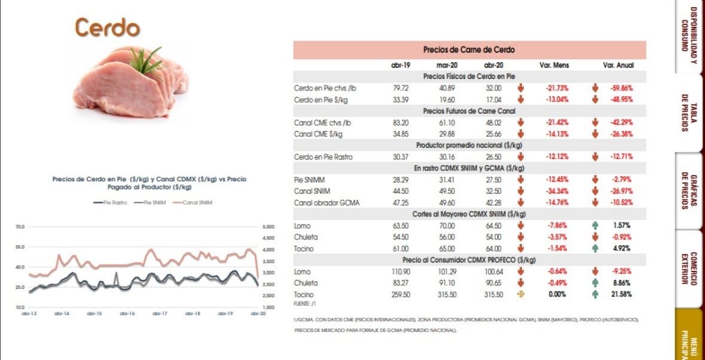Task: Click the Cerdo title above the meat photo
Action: tap(107, 28)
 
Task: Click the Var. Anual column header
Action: tap(618, 65)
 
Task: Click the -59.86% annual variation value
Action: tap(622, 88)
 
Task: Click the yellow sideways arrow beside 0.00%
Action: tap(520, 294)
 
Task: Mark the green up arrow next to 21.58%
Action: tap(595, 294)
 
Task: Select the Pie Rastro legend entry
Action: tap(110, 203)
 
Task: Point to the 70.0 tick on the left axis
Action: tap(19, 227)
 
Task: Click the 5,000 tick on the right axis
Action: tap(267, 227)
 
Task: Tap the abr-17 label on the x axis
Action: tap(159, 313)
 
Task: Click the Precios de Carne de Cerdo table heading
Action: tap(469, 50)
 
